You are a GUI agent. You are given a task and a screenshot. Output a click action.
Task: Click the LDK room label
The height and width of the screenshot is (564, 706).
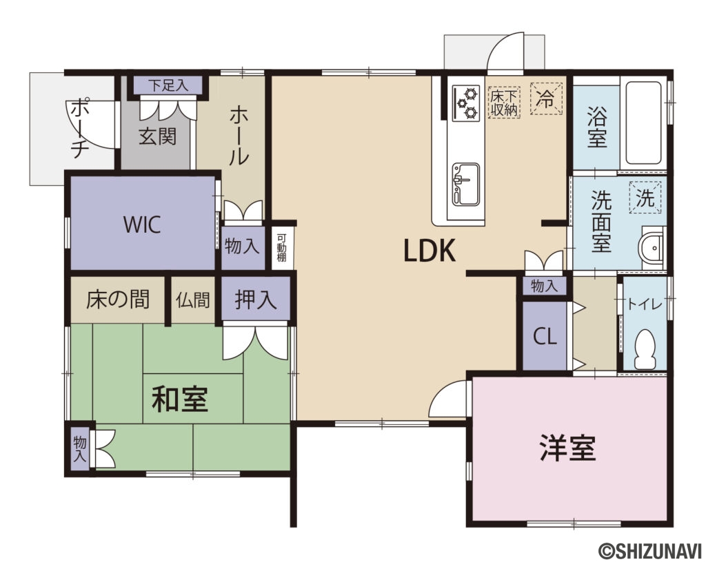430,251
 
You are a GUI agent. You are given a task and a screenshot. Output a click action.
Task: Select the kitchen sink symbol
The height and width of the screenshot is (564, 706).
465,184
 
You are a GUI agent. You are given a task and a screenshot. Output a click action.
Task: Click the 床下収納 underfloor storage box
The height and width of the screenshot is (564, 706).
503,102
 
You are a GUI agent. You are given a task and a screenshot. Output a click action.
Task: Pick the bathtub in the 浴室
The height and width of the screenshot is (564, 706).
644,123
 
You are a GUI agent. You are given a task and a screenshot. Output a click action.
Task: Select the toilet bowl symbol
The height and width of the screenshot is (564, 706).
643,347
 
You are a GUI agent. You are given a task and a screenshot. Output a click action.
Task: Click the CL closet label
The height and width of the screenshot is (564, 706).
545,337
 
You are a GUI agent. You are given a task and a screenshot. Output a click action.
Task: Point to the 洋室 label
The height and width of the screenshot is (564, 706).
567,449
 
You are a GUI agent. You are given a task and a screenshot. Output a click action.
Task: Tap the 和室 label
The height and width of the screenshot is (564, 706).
180,399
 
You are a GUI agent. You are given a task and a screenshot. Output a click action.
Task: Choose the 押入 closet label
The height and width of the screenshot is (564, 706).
256,300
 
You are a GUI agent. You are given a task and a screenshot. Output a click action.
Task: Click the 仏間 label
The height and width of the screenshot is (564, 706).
192,300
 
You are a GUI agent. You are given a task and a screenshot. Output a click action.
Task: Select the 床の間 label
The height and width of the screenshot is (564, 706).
118,300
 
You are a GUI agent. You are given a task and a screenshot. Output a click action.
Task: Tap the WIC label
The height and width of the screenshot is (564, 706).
143,224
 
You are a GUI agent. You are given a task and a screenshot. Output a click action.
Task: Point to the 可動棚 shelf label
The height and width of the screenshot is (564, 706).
281,247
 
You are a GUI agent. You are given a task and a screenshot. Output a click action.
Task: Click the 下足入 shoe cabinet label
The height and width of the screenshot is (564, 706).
168,86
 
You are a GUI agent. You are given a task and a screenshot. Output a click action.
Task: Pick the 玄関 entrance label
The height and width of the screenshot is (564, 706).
158,136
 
